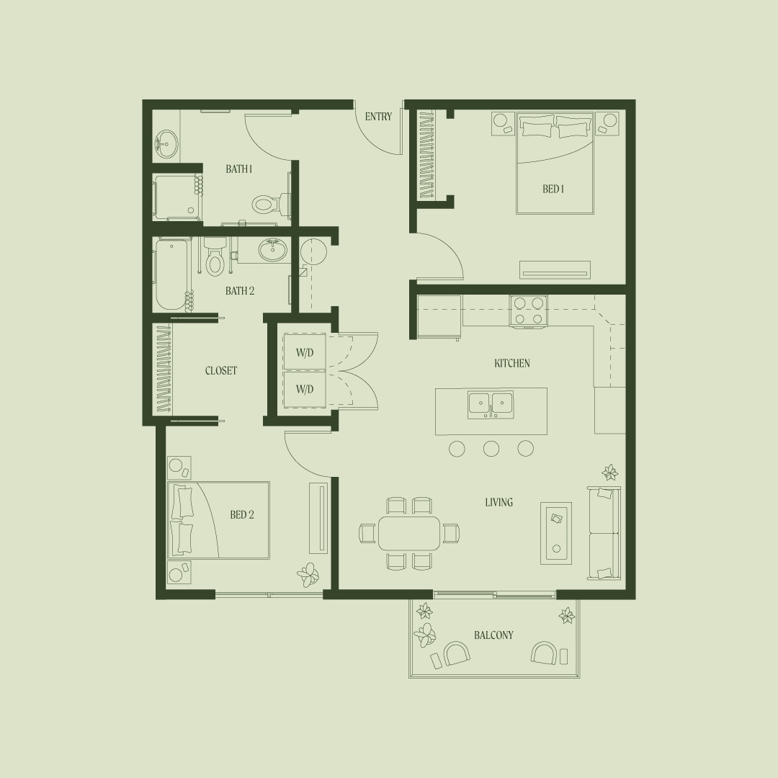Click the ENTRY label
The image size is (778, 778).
(379, 117)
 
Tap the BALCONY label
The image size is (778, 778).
(493, 635)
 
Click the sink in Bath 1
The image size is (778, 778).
(166, 144)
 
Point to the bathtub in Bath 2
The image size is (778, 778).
(171, 275)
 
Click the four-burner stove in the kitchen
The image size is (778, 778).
(529, 312)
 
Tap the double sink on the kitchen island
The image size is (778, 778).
(491, 405)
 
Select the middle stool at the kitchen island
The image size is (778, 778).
(491, 449)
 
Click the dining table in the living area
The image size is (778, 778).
(409, 533)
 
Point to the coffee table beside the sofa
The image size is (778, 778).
(556, 532)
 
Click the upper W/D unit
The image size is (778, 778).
(305, 352)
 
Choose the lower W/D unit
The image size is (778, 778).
(305, 389)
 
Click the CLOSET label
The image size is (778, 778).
(221, 371)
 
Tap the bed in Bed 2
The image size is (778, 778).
(219, 521)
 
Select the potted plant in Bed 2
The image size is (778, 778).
(308, 576)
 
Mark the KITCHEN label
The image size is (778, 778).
(512, 363)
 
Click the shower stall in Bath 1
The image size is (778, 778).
(177, 197)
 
